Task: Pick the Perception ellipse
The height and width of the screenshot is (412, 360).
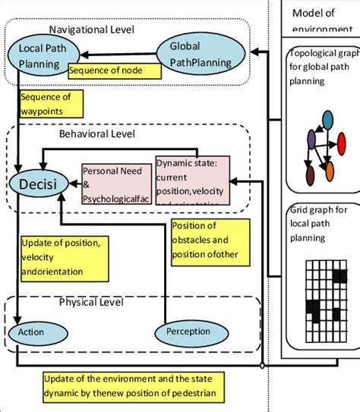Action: (x=188, y=332)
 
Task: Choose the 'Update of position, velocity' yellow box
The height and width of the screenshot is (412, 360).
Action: (x=65, y=256)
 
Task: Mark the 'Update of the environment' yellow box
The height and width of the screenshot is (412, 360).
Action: (x=133, y=385)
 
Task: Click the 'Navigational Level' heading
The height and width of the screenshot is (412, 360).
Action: (x=91, y=30)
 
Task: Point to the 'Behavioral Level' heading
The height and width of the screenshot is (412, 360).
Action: (x=96, y=134)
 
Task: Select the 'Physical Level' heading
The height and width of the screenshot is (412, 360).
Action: (x=92, y=303)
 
